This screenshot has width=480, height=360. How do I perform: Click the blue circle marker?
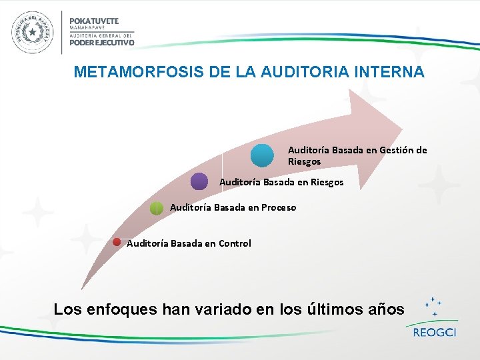pyautogui.click(x=262, y=155)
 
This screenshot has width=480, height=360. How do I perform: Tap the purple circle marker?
pyautogui.click(x=199, y=181)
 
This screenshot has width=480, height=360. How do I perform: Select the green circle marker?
pyautogui.click(x=156, y=208)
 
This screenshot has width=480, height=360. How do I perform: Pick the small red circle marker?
pyautogui.click(x=116, y=242)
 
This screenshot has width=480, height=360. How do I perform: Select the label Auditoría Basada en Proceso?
pyautogui.click(x=233, y=207)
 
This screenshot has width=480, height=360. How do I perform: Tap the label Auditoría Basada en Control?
pyautogui.click(x=189, y=243)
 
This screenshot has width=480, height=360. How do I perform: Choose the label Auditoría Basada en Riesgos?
pyautogui.click(x=281, y=182)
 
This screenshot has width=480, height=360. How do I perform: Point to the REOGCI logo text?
pyautogui.click(x=434, y=332)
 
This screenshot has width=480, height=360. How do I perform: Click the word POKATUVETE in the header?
pyautogui.click(x=94, y=20)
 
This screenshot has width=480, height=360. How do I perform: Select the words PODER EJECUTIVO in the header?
pyautogui.click(x=102, y=43)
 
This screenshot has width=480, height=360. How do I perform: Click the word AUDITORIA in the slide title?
pyautogui.click(x=281, y=72)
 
